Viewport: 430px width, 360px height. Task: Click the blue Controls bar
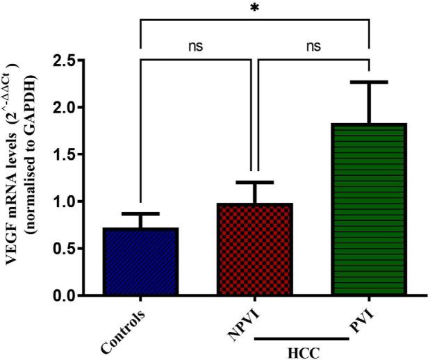coord(141,261)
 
